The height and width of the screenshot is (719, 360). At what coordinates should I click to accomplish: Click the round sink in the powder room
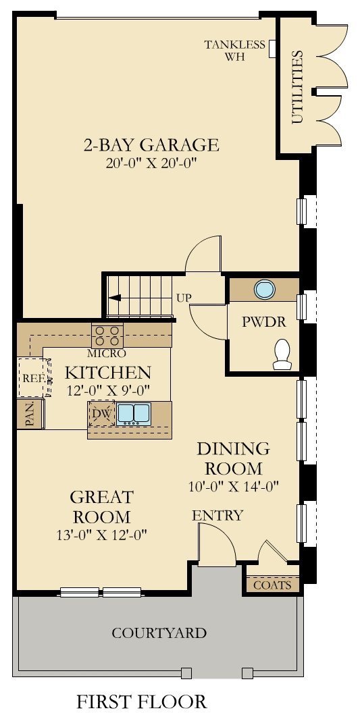(264, 289)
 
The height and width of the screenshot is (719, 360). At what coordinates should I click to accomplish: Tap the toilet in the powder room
(282, 354)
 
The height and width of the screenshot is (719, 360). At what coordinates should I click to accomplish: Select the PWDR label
(264, 323)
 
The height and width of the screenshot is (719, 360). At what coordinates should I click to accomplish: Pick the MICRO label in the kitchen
(107, 353)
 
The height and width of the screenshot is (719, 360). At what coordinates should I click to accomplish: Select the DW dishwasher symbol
(101, 414)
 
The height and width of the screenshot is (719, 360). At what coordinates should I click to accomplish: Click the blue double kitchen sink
(134, 413)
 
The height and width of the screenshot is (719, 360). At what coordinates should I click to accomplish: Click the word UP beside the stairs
(184, 297)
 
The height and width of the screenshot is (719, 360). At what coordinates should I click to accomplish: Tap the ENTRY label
(217, 516)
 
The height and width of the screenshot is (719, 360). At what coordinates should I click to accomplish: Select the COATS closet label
(272, 585)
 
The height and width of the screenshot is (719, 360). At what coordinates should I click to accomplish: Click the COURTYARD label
(159, 633)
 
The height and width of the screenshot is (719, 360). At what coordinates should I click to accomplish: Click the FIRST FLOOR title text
(141, 701)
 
